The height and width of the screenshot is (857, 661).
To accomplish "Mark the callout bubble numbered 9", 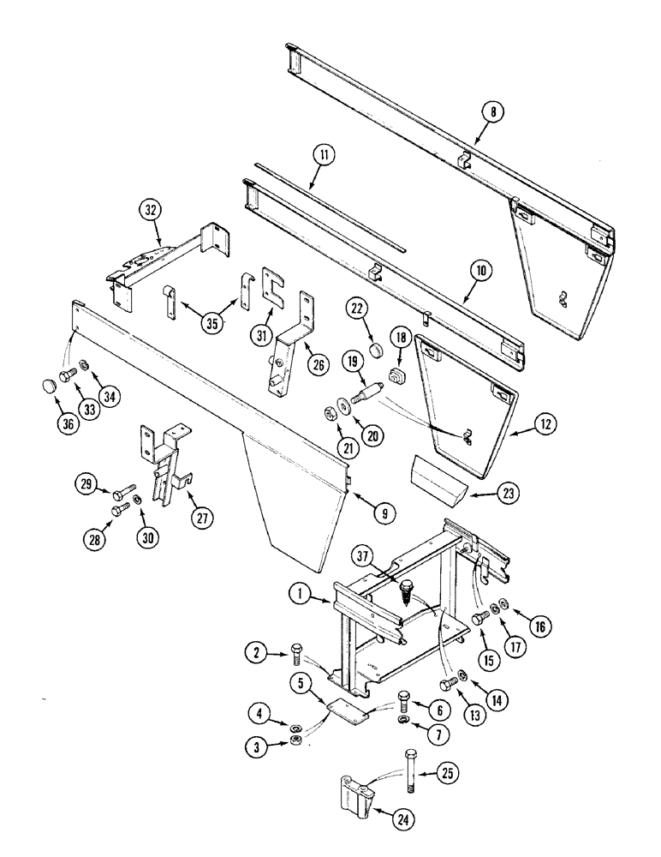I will pos(384,513).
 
